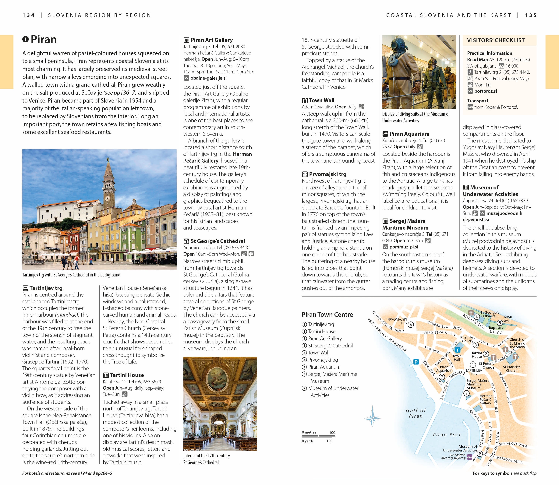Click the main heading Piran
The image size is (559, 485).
point(43,40)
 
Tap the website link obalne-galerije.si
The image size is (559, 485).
point(208,78)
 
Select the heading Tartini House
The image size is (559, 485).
point(126,375)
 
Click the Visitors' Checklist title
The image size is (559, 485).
point(496,40)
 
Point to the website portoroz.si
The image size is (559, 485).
point(485,91)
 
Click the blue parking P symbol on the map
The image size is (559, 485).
point(416,362)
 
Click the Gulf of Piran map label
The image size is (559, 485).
point(416,413)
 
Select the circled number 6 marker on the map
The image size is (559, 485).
point(411,325)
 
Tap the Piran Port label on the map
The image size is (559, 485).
point(447,435)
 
